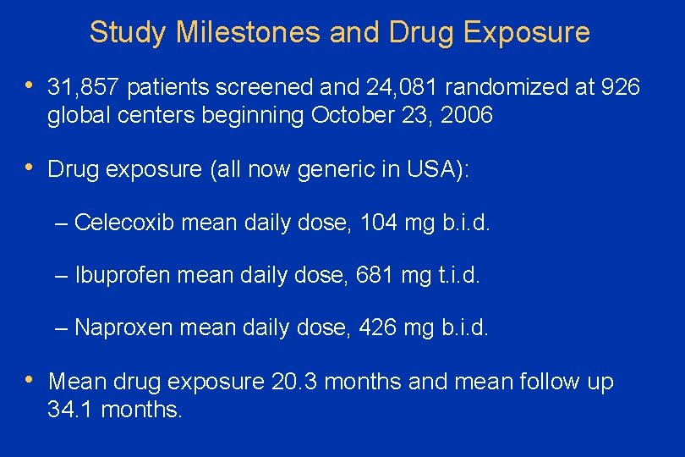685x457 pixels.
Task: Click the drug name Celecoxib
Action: pyautogui.click(x=125, y=223)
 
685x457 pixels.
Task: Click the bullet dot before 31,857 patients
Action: pyautogui.click(x=29, y=86)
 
